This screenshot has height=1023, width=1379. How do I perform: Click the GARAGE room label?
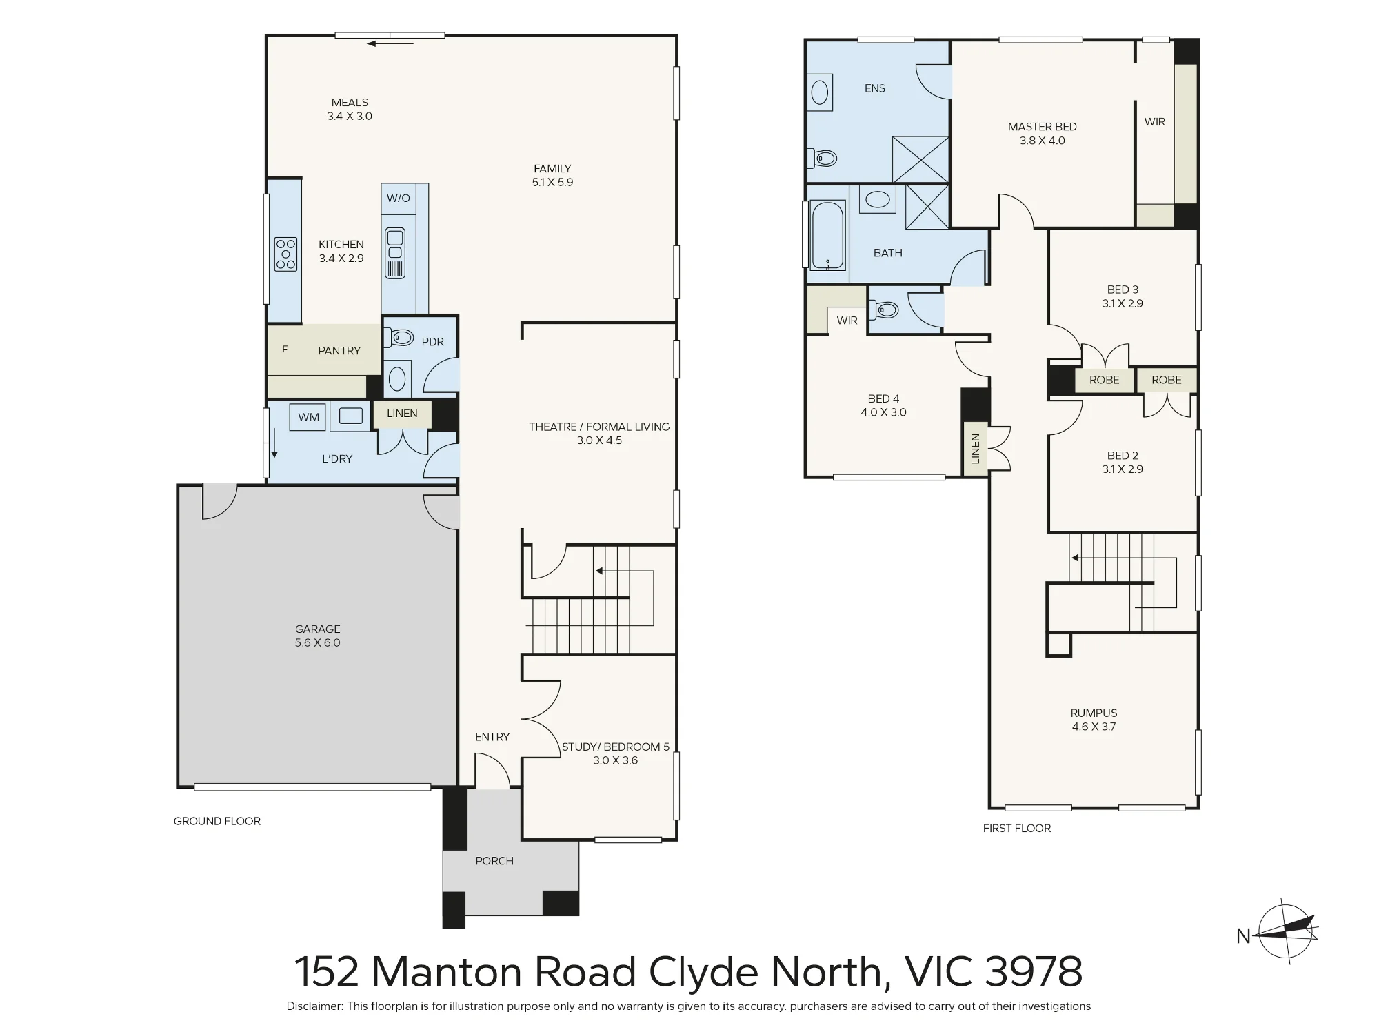pyautogui.click(x=317, y=629)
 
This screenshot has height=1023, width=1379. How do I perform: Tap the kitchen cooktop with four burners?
pyautogui.click(x=285, y=254)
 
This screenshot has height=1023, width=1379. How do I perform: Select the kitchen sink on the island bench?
pyautogui.click(x=395, y=253)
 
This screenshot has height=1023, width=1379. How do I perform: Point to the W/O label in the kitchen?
pyautogui.click(x=399, y=199)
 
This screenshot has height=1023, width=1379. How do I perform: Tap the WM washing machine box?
pyautogui.click(x=308, y=417)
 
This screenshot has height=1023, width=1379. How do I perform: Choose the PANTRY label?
pyautogui.click(x=339, y=351)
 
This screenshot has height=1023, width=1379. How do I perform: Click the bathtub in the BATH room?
pyautogui.click(x=827, y=235)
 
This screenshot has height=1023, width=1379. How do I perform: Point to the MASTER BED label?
pyautogui.click(x=1042, y=127)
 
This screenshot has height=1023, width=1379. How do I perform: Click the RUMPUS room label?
pyautogui.click(x=1094, y=713)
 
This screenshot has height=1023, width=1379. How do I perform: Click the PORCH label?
pyautogui.click(x=494, y=861)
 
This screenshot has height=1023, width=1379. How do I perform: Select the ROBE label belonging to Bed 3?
pyautogui.click(x=1104, y=380)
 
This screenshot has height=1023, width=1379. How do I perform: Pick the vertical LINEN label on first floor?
pyautogui.click(x=975, y=449)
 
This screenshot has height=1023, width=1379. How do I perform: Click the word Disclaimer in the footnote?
pyautogui.click(x=314, y=1006)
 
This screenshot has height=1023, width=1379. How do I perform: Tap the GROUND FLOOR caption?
pyautogui.click(x=217, y=821)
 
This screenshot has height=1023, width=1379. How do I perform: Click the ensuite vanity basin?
pyautogui.click(x=819, y=92)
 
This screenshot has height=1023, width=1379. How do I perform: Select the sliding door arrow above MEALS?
pyautogui.click(x=390, y=44)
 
